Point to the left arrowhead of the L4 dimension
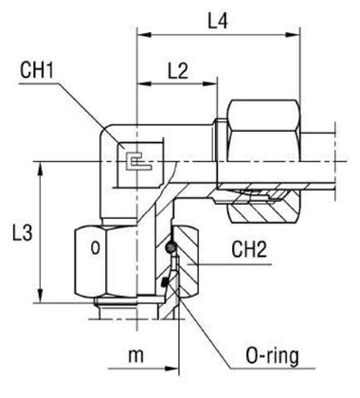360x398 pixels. [x=143, y=35]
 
